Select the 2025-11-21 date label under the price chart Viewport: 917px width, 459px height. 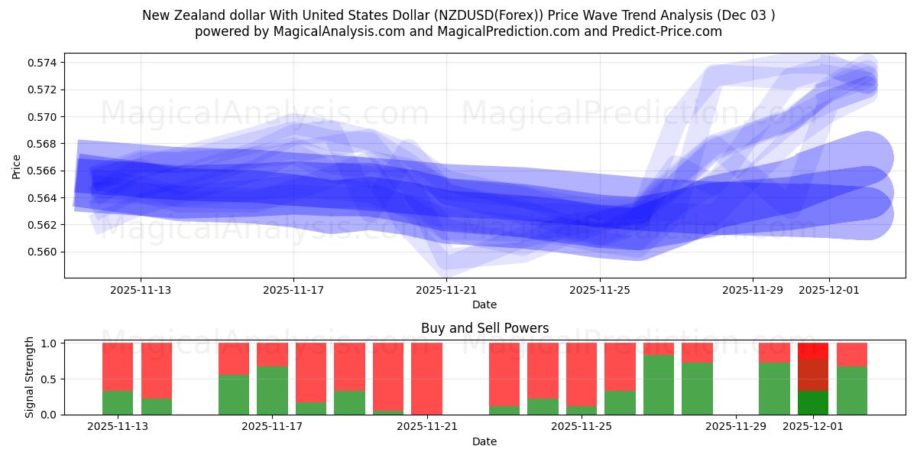tap(446, 290)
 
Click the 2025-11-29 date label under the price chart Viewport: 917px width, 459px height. tap(753, 290)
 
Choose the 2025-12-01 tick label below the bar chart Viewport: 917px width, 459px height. tap(813, 427)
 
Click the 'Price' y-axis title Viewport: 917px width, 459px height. tap(17, 166)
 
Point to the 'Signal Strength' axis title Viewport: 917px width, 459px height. tap(30, 377)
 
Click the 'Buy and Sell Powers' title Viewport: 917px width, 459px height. tap(484, 328)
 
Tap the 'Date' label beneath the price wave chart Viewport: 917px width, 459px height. tap(484, 304)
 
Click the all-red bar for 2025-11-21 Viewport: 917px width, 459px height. tap(426, 379)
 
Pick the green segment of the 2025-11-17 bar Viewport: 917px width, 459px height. tap(272, 390)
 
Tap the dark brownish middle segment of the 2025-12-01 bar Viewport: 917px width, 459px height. tap(813, 375)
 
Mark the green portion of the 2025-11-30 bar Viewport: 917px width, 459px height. tap(774, 389)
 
